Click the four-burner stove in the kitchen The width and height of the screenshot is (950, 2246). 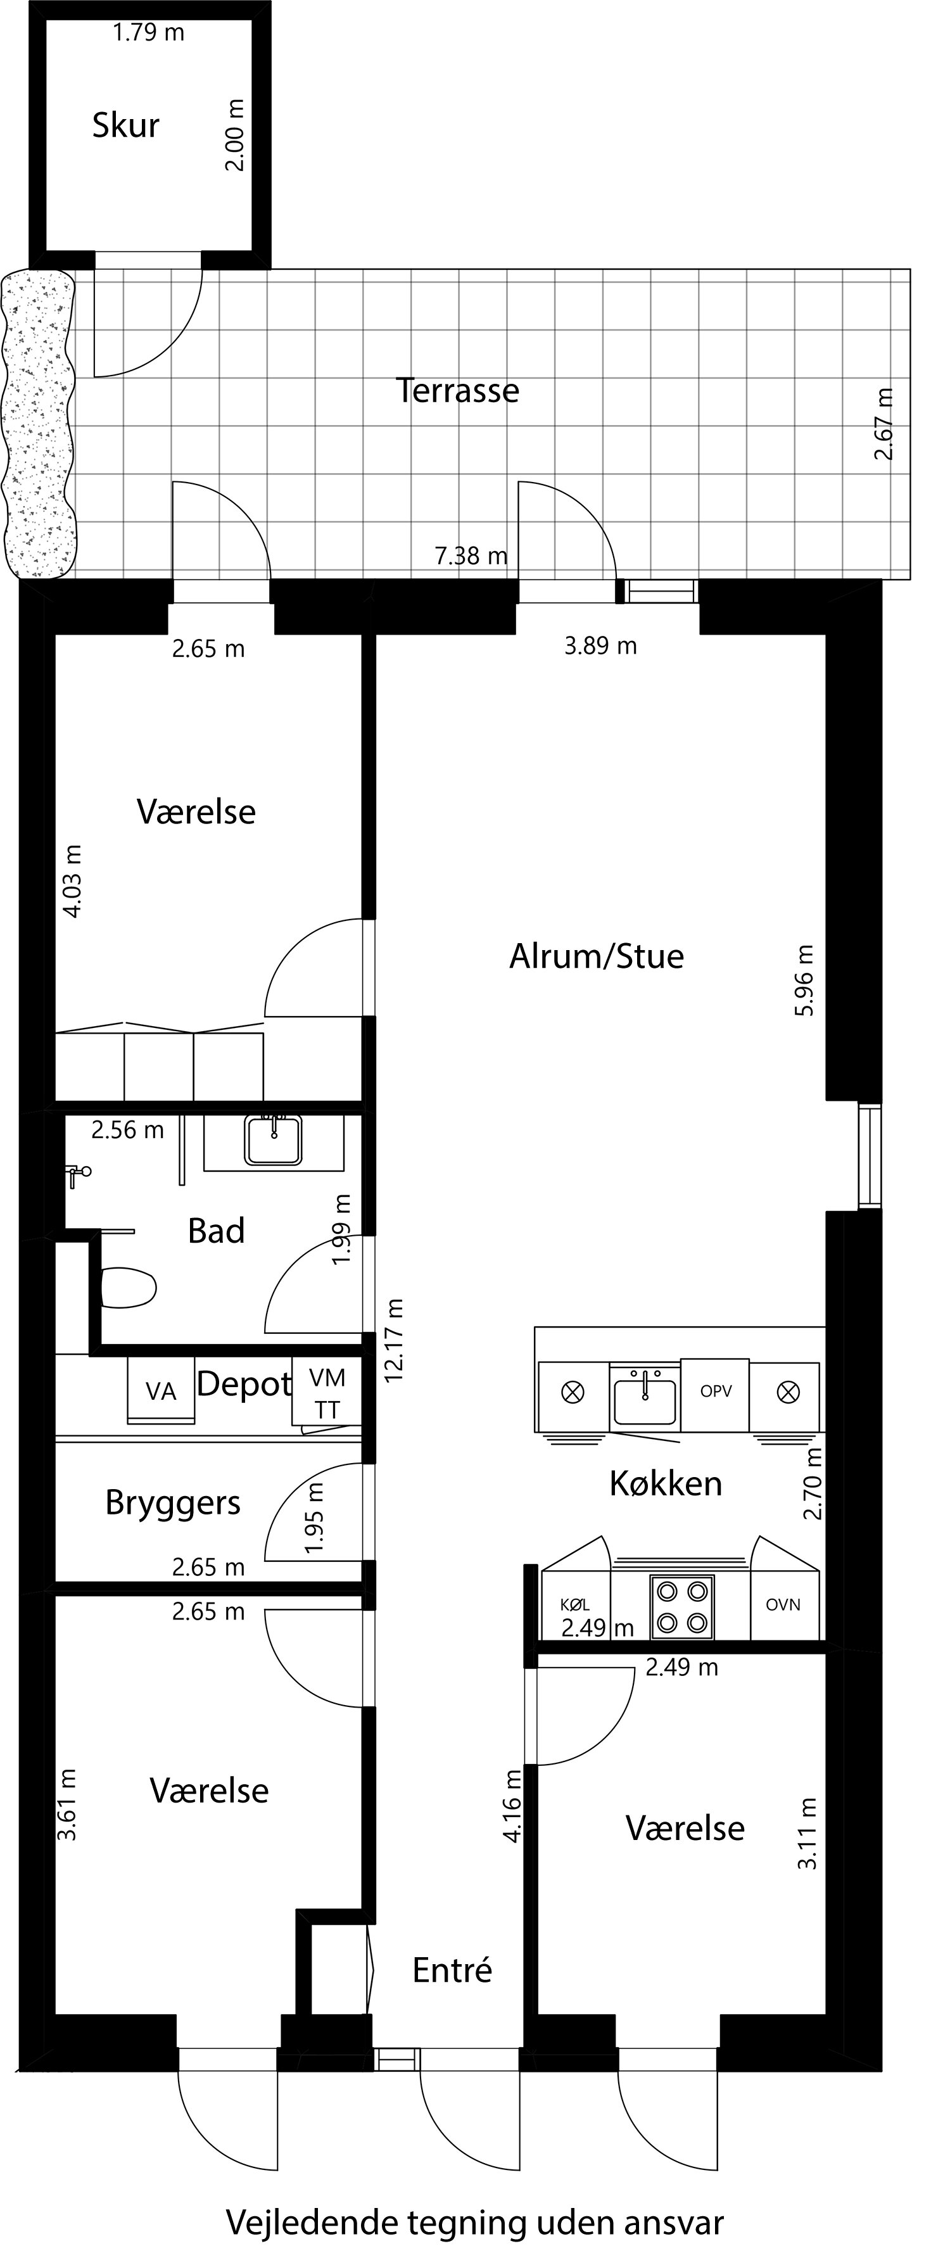pyautogui.click(x=681, y=1607)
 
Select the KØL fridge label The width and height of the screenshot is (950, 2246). pyautogui.click(x=574, y=1604)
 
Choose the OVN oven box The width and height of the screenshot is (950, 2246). pyautogui.click(x=783, y=1604)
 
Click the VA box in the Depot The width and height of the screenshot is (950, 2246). pyautogui.click(x=161, y=1391)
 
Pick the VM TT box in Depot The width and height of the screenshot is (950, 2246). pyautogui.click(x=327, y=1393)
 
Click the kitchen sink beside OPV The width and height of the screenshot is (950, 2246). pyautogui.click(x=644, y=1398)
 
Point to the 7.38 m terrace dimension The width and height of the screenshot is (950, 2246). pyautogui.click(x=471, y=555)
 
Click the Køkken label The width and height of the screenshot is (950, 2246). pyautogui.click(x=665, y=1483)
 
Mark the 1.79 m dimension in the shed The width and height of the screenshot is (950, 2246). pyautogui.click(x=148, y=32)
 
